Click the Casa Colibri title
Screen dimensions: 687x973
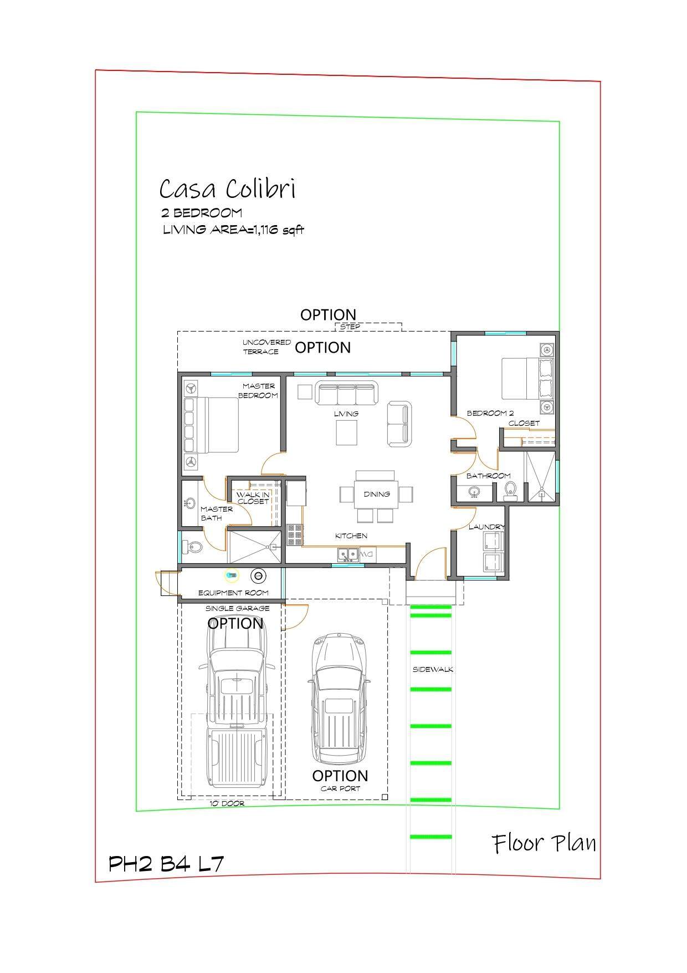pos(227,189)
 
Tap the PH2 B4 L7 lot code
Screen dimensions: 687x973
pos(166,864)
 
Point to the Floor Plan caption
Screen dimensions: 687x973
pos(545,843)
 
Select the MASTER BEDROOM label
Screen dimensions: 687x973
pos(258,390)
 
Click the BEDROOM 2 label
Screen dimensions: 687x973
pos(490,413)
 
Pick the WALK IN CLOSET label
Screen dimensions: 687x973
pos(253,497)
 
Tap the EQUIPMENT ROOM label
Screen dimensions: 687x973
pos(233,593)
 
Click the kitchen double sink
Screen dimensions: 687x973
pos(347,554)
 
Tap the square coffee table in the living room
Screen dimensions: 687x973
pos(346,432)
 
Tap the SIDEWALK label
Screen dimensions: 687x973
pos(433,669)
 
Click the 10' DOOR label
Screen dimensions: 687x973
pos(227,803)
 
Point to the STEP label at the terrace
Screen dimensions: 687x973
pos(350,327)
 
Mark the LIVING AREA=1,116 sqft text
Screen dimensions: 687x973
pos(233,230)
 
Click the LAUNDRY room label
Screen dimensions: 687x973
pos(486,527)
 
